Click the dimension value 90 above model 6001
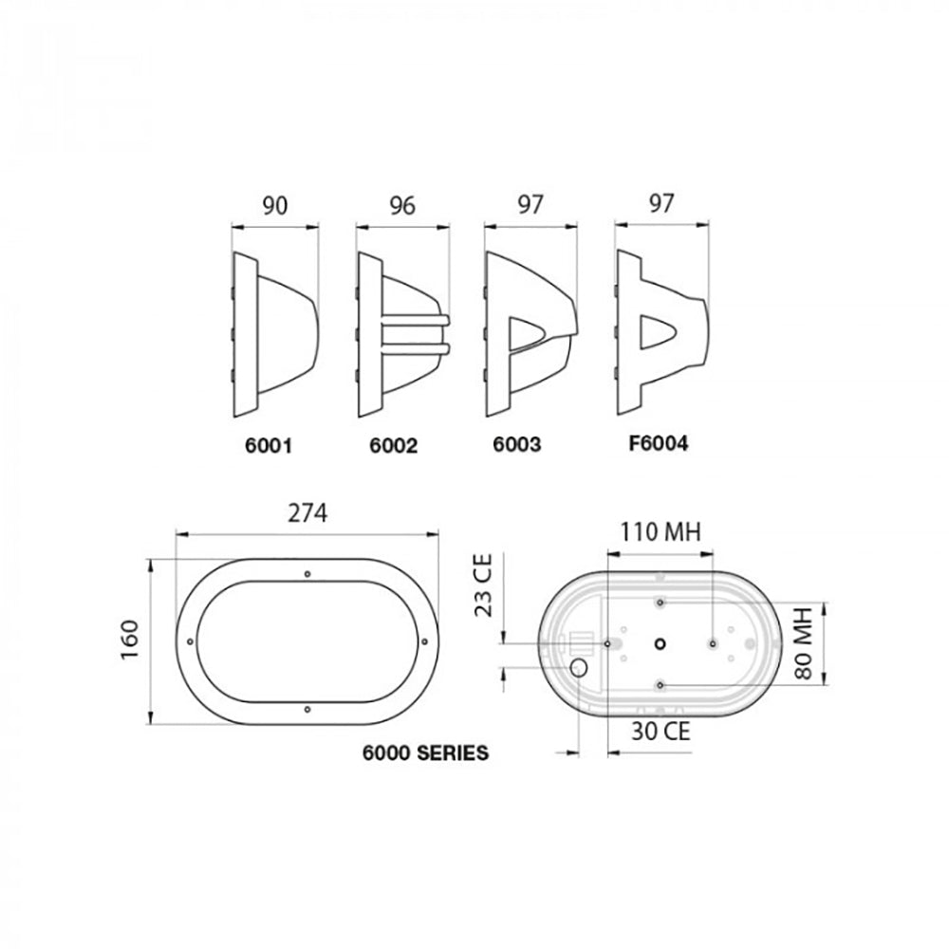point(274,206)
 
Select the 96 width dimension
point(402,206)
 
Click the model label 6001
point(263,444)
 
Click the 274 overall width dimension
point(307,513)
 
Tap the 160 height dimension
point(131,642)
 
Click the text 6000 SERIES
point(426,754)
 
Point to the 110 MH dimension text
point(661,532)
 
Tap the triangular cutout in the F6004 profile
point(659,333)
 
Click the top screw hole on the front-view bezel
point(307,575)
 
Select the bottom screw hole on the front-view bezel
point(307,710)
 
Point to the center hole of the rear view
point(660,643)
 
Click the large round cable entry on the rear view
point(578,669)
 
